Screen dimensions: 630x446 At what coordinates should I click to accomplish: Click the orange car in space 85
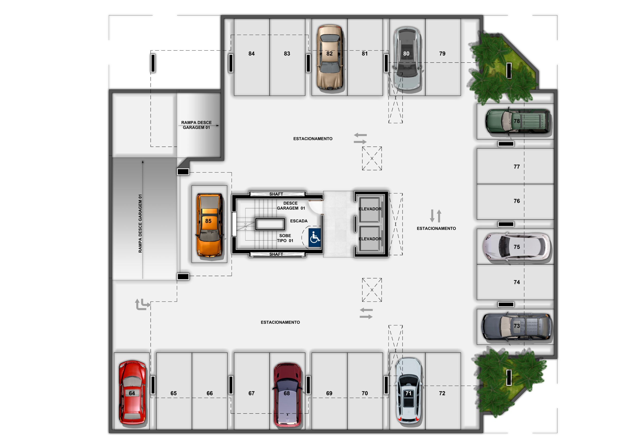209,225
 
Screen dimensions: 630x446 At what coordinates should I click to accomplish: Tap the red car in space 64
132,392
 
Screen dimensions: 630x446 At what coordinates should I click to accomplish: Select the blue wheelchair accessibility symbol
315,238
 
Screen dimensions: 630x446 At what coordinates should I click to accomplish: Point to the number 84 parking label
252,53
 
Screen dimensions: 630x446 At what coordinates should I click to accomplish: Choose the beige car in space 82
330,57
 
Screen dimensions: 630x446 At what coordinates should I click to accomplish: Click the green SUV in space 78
518,121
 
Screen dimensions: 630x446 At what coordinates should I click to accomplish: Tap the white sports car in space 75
516,247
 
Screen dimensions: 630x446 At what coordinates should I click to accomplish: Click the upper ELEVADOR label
370,209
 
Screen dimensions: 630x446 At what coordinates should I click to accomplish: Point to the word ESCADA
299,221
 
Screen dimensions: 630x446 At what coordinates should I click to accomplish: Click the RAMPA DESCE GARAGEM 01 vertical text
140,224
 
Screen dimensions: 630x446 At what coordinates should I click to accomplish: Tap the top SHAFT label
276,194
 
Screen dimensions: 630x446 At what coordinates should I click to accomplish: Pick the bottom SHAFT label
276,254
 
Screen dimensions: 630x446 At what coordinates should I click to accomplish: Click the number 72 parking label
442,393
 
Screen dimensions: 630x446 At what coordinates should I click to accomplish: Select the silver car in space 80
407,58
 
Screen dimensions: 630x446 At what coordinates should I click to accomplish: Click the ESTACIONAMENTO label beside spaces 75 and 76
436,229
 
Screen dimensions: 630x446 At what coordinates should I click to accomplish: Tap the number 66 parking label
210,393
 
